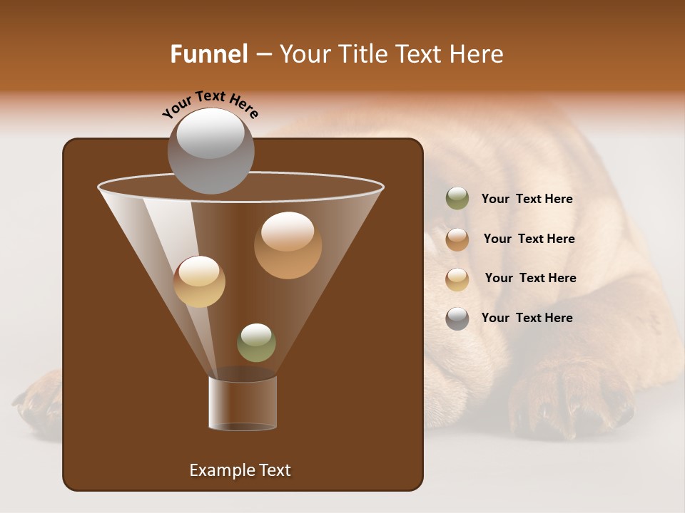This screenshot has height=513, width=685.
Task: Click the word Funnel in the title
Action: click(209, 54)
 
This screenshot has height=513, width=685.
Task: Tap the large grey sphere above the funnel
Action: click(210, 150)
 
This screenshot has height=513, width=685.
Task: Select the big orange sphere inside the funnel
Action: click(288, 245)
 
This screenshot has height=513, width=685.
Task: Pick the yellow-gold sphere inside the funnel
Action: click(199, 281)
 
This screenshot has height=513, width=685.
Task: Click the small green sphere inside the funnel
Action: click(256, 343)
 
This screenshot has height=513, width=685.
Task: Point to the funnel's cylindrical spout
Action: click(243, 403)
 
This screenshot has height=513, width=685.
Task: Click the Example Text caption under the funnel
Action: click(240, 470)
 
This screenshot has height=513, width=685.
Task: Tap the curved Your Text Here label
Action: click(210, 104)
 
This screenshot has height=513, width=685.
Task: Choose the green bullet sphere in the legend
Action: click(457, 199)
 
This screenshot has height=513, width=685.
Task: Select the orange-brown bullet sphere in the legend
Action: click(457, 239)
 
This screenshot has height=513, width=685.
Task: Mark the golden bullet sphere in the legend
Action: click(457, 279)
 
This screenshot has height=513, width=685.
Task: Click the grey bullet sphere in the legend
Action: click(457, 318)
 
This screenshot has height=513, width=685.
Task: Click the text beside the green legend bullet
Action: click(527, 199)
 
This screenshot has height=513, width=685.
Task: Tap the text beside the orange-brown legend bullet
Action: click(529, 239)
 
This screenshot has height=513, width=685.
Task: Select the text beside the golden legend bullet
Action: click(530, 279)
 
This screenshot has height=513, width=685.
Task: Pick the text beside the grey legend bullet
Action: click(527, 318)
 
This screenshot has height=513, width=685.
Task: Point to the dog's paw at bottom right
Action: click(571, 399)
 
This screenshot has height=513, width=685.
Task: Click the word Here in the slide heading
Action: click(477, 54)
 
